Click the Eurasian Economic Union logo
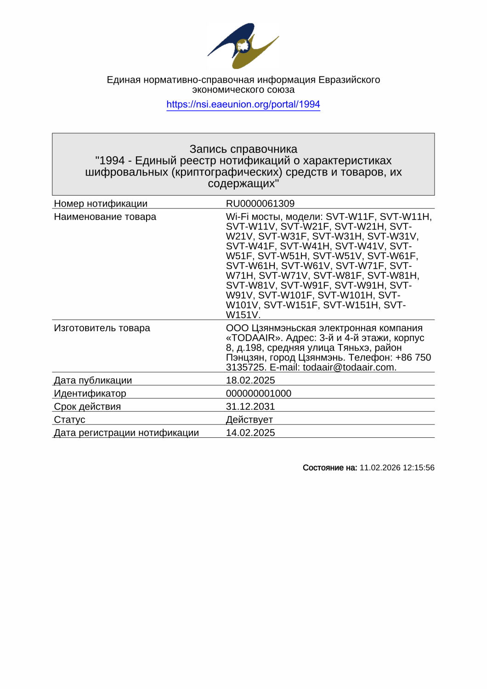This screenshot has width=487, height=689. pyautogui.click(x=243, y=45)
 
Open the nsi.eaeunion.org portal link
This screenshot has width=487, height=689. pyautogui.click(x=243, y=104)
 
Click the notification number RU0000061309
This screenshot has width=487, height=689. pyautogui.click(x=260, y=203)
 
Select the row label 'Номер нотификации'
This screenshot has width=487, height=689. pyautogui.click(x=101, y=203)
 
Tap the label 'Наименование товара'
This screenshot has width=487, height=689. pyautogui.click(x=105, y=217)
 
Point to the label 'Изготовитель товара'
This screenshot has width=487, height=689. pyautogui.click(x=102, y=328)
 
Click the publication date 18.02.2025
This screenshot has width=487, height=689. pyautogui.click(x=250, y=380)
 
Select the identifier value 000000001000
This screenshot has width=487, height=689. pyautogui.click(x=259, y=394)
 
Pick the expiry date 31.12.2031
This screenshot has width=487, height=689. pyautogui.click(x=250, y=407)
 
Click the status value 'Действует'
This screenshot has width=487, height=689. pyautogui.click(x=249, y=420)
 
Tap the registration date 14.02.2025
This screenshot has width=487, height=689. pyautogui.click(x=250, y=433)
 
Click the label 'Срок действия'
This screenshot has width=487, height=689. pyautogui.click(x=87, y=407)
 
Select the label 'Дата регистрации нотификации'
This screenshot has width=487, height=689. pyautogui.click(x=126, y=433)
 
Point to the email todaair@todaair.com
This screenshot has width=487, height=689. pyautogui.click(x=349, y=367)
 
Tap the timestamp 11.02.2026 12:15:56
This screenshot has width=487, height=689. pyautogui.click(x=397, y=468)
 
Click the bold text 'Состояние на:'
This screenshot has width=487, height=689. pyautogui.click(x=330, y=468)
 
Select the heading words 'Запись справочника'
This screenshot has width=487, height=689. pyautogui.click(x=243, y=149)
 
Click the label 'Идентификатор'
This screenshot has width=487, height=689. pyautogui.click(x=90, y=394)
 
